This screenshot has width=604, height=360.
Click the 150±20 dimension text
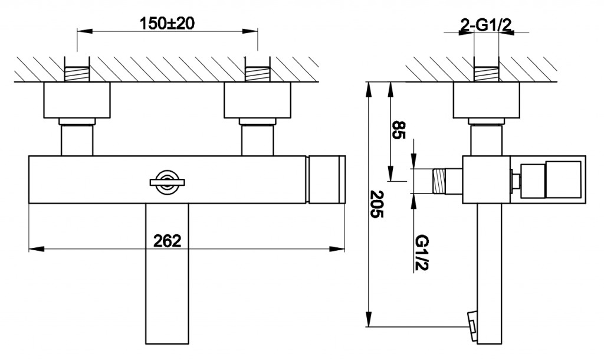coord(167,24)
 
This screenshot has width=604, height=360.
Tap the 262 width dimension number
coord(167,241)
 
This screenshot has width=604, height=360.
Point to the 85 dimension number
coord(399,130)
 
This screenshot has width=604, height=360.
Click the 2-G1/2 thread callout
coord(486,25)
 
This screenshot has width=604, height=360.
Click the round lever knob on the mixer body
coord(167,182)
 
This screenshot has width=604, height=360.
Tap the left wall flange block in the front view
coord(77,100)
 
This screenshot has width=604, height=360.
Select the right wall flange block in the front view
coord(257,100)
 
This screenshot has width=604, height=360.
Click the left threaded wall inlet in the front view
coord(77,74)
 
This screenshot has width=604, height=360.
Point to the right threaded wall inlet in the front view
coord(258,74)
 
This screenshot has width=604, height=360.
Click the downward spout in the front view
coord(167,274)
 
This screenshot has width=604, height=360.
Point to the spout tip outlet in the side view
coord(472,326)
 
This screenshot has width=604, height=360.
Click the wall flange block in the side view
coord(487,100)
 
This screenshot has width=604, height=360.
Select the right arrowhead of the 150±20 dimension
coord(251,31)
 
